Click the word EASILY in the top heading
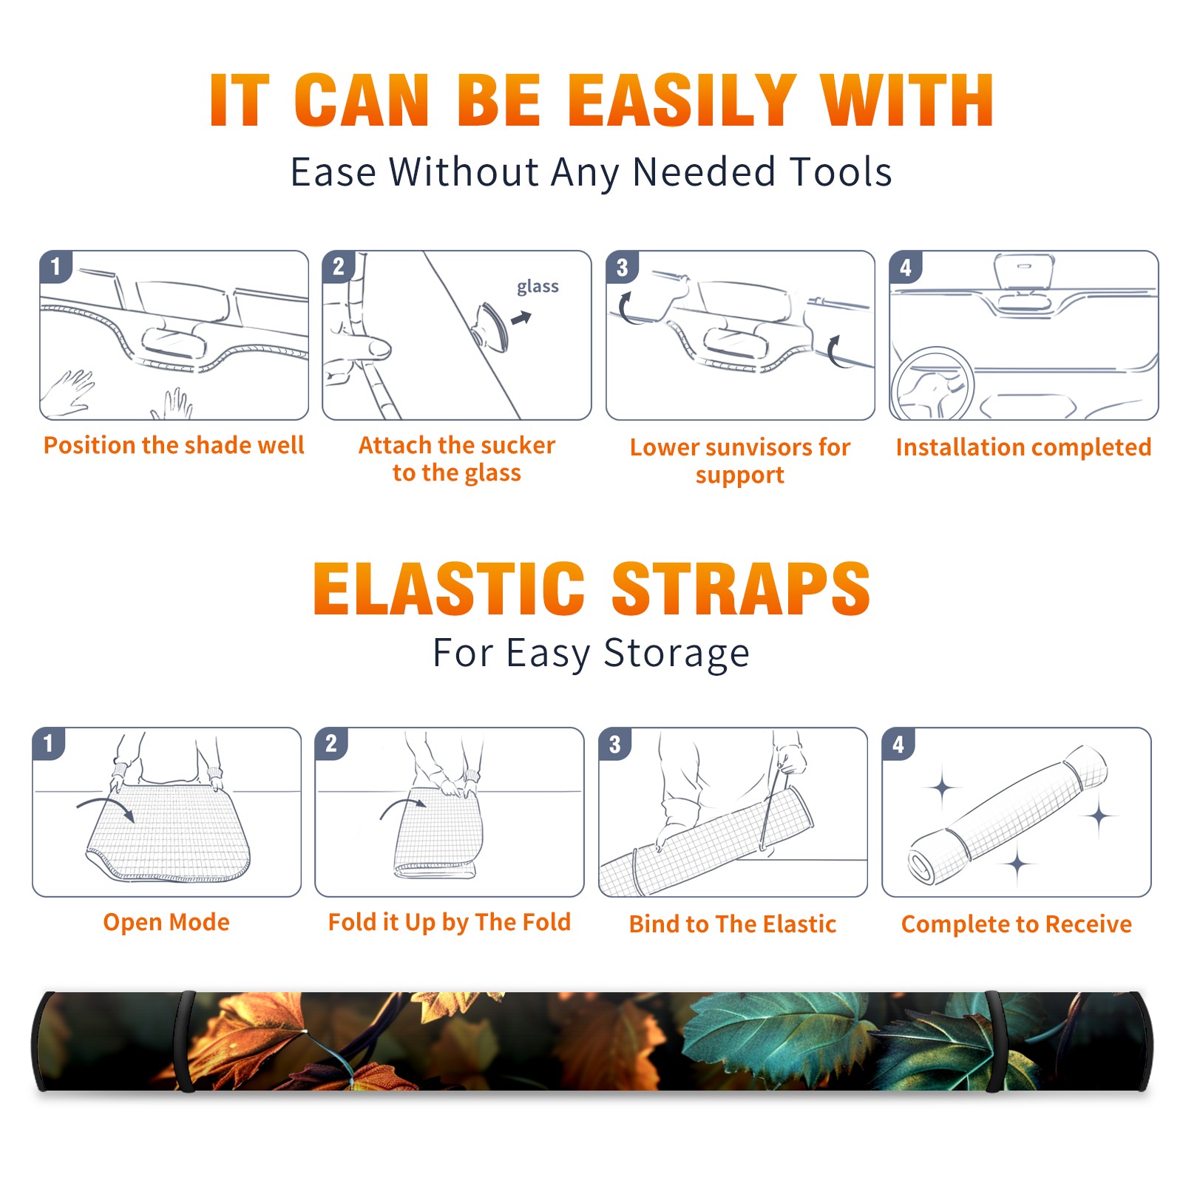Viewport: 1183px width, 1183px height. pyautogui.click(x=682, y=101)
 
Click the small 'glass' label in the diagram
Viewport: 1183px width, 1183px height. pyautogui.click(x=538, y=287)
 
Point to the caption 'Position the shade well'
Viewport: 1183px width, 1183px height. pyautogui.click(x=174, y=445)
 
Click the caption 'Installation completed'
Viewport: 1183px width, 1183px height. pyautogui.click(x=1023, y=447)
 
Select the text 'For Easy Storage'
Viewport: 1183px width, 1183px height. pyautogui.click(x=591, y=653)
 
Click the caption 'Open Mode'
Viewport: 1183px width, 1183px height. pyautogui.click(x=166, y=922)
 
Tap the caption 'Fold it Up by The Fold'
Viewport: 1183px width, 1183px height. pyautogui.click(x=450, y=923)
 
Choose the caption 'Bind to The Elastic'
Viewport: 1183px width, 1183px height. pyautogui.click(x=733, y=924)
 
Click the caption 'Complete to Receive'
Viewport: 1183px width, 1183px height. pyautogui.click(x=1017, y=924)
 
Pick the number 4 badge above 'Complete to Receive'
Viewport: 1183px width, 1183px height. pyautogui.click(x=898, y=744)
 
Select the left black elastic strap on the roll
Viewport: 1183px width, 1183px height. pyautogui.click(x=185, y=1041)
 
